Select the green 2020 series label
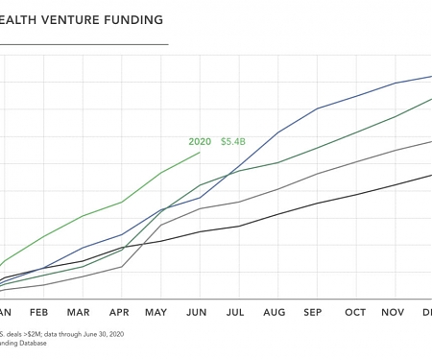200,141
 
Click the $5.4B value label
233,141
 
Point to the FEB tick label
38,312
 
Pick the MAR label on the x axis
78,312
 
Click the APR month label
119,312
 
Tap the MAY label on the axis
157,312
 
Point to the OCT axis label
355,312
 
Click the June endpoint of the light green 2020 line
200,153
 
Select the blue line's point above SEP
317,108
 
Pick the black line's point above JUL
238,226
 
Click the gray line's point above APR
120,266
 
